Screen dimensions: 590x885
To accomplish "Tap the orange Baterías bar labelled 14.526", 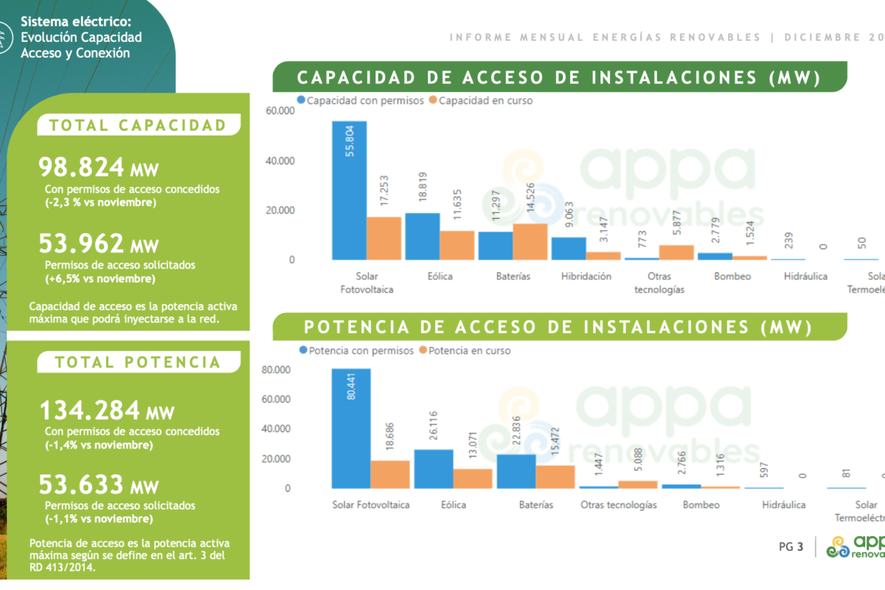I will [x=530, y=241].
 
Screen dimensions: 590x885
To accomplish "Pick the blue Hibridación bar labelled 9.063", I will [x=569, y=248].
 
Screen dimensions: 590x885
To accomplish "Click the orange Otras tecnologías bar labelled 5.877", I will [x=676, y=252].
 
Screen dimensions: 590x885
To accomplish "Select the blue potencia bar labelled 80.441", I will [x=351, y=428].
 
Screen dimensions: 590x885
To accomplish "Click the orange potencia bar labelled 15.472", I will [x=555, y=476].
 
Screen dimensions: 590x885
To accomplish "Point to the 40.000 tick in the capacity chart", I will [x=280, y=161].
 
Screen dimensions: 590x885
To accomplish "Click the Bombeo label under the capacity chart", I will [x=732, y=277].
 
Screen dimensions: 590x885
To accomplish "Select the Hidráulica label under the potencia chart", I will [x=783, y=505].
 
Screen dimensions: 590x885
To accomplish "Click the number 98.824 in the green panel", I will [x=81, y=167].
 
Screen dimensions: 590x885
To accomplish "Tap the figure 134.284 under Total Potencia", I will [x=89, y=409].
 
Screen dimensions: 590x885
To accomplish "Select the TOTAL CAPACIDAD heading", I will [x=138, y=125].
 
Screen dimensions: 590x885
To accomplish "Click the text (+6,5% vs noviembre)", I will [x=100, y=279].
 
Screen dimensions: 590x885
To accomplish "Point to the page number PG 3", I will [x=791, y=547].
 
